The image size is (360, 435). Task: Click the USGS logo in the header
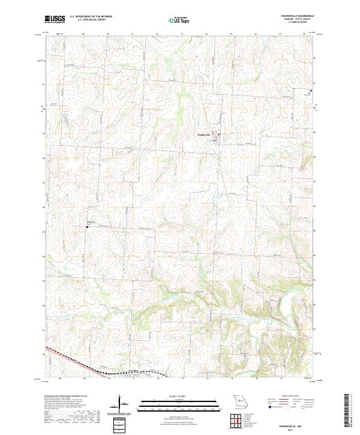tap(55, 19)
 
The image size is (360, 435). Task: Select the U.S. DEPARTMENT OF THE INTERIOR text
tap(91, 17)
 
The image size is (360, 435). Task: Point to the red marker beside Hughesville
tap(219, 134)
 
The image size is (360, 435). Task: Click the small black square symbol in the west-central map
tap(87, 227)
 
